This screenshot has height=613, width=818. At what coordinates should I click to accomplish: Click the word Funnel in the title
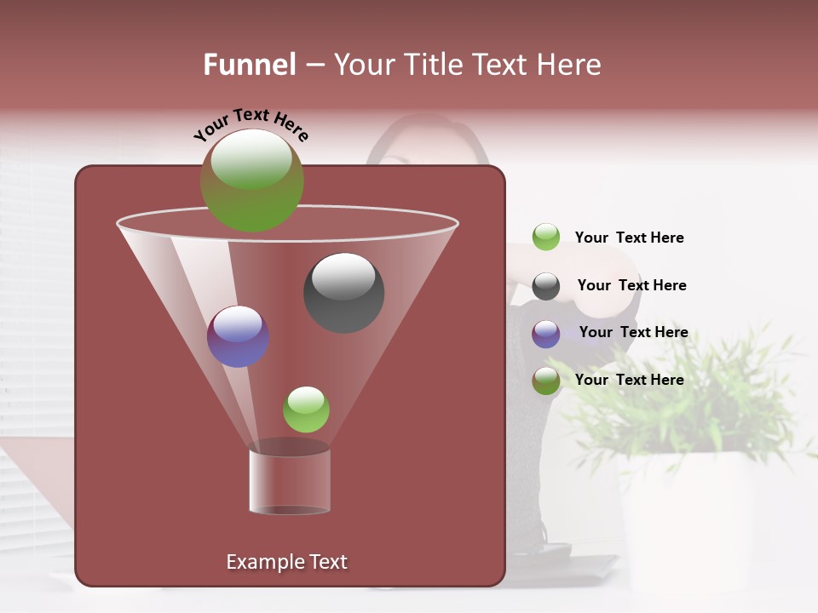coord(249,65)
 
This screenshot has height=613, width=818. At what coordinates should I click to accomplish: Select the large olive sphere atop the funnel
coord(252,180)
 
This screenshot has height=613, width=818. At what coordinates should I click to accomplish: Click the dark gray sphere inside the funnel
coord(343,292)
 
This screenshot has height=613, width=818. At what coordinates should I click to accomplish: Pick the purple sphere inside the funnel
coord(238,336)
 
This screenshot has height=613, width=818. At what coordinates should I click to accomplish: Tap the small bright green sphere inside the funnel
coord(306,410)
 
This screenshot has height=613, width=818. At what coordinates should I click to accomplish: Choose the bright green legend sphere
coord(545,237)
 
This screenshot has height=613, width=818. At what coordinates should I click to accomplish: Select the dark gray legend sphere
coord(545,286)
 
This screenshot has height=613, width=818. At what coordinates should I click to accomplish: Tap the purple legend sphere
coord(545,334)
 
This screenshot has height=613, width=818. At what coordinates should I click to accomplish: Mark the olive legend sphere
coord(545,381)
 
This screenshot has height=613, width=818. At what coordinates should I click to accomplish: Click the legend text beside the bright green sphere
coord(629,238)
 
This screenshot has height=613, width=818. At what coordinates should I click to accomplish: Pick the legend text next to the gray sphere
coord(631,285)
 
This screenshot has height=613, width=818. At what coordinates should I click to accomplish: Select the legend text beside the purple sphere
coord(633,332)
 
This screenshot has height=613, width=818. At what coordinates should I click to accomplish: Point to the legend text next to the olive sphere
coord(629,380)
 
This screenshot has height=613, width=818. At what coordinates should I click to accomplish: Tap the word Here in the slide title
coord(568,65)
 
